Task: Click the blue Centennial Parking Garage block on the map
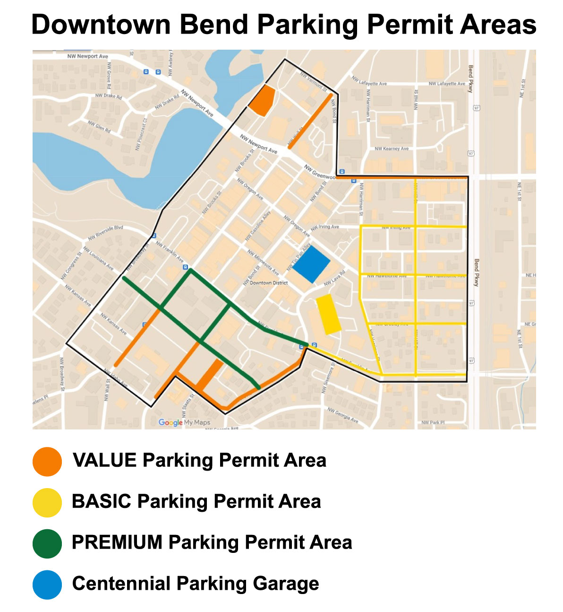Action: (x=311, y=264)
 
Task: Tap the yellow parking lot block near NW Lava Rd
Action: (x=328, y=314)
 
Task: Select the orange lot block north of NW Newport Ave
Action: (x=262, y=101)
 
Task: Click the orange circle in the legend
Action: (x=47, y=461)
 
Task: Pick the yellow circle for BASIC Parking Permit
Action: (x=47, y=502)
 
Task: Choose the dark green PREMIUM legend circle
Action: (x=47, y=543)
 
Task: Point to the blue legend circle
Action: (x=47, y=585)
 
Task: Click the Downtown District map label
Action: (x=268, y=283)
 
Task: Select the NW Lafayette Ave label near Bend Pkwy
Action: (x=446, y=84)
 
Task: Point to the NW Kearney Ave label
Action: (x=392, y=149)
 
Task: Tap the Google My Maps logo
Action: (x=184, y=422)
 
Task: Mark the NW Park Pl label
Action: (x=433, y=422)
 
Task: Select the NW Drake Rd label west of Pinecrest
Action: (x=109, y=96)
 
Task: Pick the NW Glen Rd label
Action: (x=99, y=126)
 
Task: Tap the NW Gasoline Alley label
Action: (x=258, y=225)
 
